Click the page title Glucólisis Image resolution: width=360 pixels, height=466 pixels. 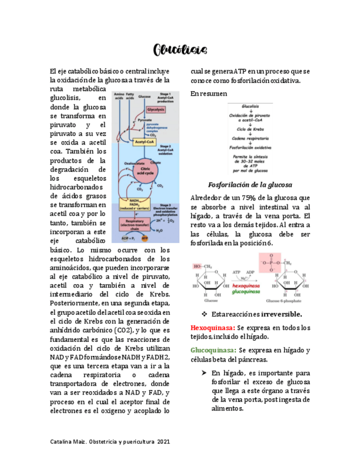click(x=180, y=50)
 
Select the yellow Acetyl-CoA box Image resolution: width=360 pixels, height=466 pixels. click(x=144, y=142)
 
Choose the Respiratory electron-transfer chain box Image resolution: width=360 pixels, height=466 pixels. click(x=134, y=224)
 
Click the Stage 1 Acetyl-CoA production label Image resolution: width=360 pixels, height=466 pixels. click(x=165, y=97)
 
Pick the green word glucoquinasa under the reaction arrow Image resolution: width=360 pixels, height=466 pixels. click(x=246, y=292)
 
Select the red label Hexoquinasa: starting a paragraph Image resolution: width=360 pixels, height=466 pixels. click(x=213, y=328)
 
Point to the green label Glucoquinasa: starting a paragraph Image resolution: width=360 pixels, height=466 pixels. click(x=214, y=350)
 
